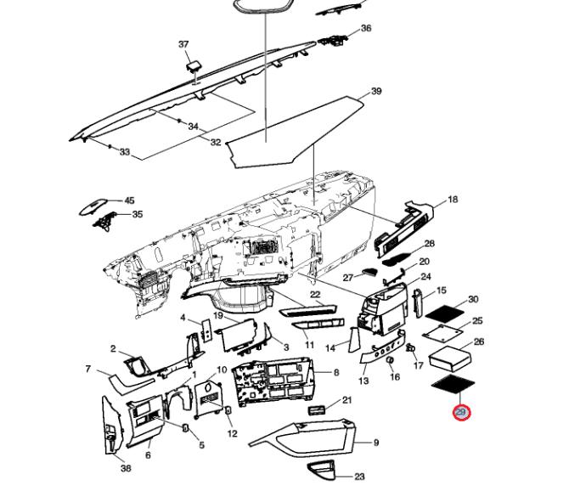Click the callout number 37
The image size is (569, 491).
183,44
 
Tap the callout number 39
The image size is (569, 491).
376,92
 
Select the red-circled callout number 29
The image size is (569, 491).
461,413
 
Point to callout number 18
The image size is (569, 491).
453,200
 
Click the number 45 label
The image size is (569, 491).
129,201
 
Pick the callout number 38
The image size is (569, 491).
126,468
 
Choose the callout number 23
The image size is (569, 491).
359,477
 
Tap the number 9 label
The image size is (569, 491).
376,443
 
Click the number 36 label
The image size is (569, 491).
366,28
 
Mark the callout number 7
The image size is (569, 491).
88,369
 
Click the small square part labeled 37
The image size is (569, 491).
193,64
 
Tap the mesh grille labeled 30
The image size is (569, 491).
446,311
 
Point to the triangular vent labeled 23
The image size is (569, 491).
323,469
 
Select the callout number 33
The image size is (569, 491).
125,153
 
